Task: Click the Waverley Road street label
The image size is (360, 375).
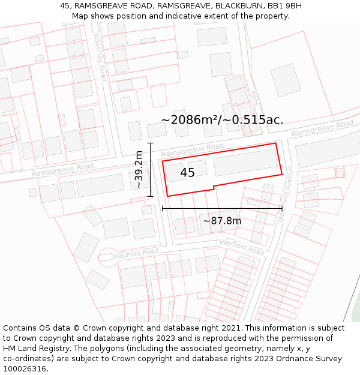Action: point(100,56)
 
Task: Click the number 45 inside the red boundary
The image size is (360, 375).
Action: point(187,173)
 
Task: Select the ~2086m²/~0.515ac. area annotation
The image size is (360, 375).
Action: point(222,120)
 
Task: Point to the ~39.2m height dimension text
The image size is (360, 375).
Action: point(139,170)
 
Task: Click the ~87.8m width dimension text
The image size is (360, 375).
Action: point(222,221)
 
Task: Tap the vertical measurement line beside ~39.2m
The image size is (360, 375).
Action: point(150,170)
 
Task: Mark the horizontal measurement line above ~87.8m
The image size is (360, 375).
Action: point(222,208)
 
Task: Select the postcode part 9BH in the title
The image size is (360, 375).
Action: point(292,6)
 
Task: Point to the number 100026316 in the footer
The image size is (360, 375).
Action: point(24,368)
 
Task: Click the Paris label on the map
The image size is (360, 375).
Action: point(254,98)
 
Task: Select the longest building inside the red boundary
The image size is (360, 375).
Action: point(246,163)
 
